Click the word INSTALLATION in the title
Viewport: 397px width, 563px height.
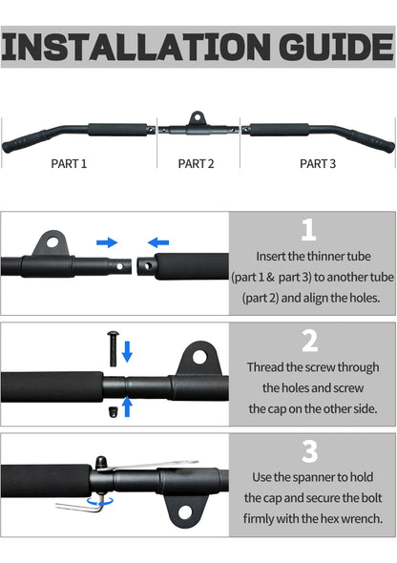coord(136,47)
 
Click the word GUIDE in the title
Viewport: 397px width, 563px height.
coord(336,47)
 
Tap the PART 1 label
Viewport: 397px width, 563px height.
coord(69,164)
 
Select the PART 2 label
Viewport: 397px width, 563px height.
coord(196,164)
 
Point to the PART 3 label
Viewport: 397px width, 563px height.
coord(318,164)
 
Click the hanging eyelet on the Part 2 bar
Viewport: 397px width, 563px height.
coord(197,117)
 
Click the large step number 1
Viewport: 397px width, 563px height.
coord(308,230)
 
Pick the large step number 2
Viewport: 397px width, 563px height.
coord(310,341)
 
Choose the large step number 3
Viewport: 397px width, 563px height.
coord(310,451)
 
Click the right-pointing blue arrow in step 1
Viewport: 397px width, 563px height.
coord(107,242)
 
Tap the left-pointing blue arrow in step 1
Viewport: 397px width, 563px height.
coord(158,242)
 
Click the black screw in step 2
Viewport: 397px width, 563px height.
coord(113,348)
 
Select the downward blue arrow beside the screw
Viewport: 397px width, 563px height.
coord(127,351)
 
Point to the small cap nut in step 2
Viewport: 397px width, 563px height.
coord(113,412)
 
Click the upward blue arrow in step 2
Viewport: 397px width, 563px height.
coord(127,407)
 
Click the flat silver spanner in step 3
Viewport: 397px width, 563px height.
coord(151,466)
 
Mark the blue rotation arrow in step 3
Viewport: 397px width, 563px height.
coord(100,501)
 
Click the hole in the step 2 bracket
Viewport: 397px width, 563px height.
coord(199,357)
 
